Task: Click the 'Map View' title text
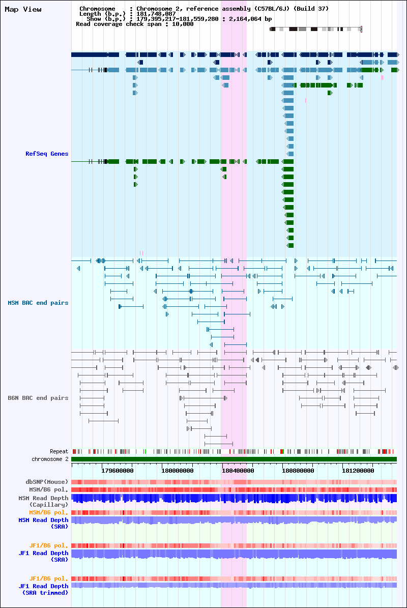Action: tap(23, 9)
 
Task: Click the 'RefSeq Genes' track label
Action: tap(47, 154)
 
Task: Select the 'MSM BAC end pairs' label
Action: tap(38, 303)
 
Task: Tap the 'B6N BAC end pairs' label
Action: tap(38, 398)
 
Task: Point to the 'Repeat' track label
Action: tap(59, 451)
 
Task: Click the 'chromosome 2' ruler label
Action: tap(50, 459)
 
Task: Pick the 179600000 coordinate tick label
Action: tap(118, 471)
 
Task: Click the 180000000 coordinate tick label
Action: tap(178, 471)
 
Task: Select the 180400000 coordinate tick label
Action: tap(238, 471)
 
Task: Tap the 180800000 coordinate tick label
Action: tap(298, 471)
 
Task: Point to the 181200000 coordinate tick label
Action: tap(358, 471)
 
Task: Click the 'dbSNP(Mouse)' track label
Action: tap(47, 482)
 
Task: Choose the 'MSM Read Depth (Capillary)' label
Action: tap(43, 501)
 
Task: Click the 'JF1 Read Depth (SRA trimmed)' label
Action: tap(43, 589)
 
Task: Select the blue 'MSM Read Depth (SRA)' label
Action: tap(43, 523)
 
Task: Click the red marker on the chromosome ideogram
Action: tap(361, 29)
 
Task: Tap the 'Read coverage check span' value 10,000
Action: tap(183, 24)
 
